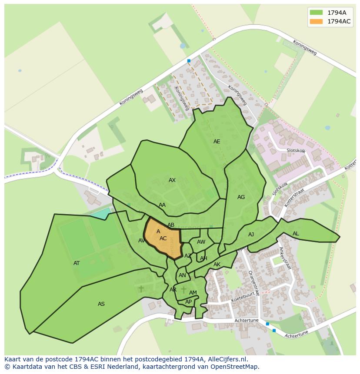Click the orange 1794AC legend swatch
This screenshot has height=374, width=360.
pyautogui.click(x=316, y=21)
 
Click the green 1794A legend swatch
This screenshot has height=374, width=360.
pyautogui.click(x=316, y=13)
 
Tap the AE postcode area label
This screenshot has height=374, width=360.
pyautogui.click(x=217, y=142)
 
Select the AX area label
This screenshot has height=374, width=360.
pyautogui.click(x=172, y=180)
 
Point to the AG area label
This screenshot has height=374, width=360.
pyautogui.click(x=241, y=197)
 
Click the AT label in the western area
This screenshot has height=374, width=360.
pyautogui.click(x=77, y=263)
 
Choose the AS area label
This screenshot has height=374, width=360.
pyautogui.click(x=101, y=304)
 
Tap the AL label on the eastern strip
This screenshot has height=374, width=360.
pyautogui.click(x=296, y=234)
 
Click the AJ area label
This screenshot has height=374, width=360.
pyautogui.click(x=251, y=235)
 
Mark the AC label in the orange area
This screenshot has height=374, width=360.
pyautogui.click(x=163, y=238)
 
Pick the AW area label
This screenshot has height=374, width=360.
pyautogui.click(x=201, y=242)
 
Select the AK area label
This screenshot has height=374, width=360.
pyautogui.click(x=217, y=265)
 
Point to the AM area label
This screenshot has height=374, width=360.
pyautogui.click(x=193, y=293)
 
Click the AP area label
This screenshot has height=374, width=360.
pyautogui.click(x=188, y=302)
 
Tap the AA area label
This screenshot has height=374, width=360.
pyautogui.click(x=162, y=205)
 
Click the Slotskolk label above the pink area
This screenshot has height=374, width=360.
pyautogui.click(x=296, y=150)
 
